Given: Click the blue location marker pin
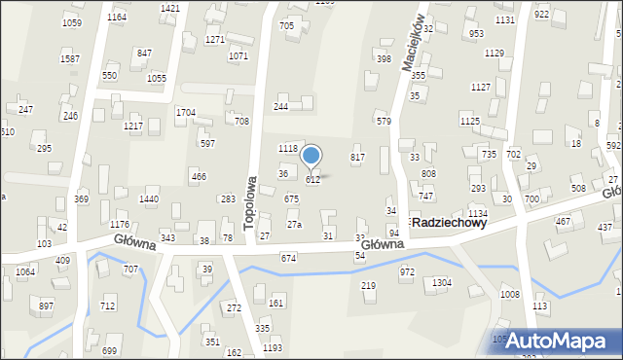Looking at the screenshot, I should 311,156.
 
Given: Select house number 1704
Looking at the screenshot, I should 186,113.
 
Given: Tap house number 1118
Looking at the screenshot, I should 287,148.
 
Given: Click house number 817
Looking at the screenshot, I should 357,157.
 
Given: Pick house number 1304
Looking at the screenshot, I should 442,282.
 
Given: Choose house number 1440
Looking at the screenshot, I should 149,198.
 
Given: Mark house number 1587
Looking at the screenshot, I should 70,59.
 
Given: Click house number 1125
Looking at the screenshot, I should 470,121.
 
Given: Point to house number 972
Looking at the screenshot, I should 407,272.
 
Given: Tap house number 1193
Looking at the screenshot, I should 273,347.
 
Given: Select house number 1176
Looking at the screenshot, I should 120,225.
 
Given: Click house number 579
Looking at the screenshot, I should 384,122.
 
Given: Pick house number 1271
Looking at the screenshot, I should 215,39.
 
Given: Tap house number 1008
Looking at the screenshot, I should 510,294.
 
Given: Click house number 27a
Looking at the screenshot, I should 294,225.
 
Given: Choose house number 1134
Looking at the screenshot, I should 477,213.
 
